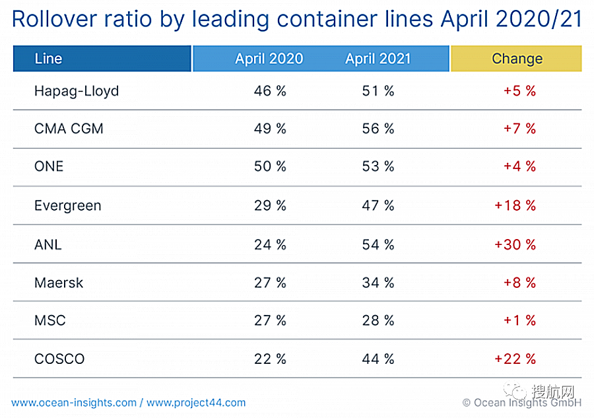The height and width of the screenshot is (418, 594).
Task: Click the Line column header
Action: [x=48, y=59]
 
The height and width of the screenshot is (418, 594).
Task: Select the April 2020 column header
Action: [x=269, y=59]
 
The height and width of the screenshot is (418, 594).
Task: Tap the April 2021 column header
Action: [x=378, y=59]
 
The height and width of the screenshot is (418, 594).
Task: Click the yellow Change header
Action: [x=517, y=59]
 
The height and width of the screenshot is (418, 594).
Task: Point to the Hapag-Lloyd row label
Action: [x=77, y=91]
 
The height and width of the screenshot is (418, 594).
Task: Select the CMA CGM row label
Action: [x=69, y=129]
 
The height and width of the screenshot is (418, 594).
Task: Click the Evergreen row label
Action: [x=68, y=206]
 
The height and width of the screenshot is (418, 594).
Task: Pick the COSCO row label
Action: [x=59, y=359]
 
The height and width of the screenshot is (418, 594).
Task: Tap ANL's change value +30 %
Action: [x=515, y=244]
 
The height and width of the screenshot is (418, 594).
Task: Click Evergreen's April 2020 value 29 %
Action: [x=270, y=206]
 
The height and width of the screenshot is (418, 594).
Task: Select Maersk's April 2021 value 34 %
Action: [x=378, y=283]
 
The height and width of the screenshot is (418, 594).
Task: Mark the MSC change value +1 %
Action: [x=519, y=321]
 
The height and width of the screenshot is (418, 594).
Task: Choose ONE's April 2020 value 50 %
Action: [x=270, y=167]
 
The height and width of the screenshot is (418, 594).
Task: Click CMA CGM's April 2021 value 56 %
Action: [x=378, y=129]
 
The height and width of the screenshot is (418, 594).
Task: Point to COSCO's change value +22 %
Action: [x=515, y=359]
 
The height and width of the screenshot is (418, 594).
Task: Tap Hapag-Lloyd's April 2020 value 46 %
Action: [x=270, y=91]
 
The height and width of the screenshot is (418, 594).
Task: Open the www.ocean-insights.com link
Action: [x=74, y=402]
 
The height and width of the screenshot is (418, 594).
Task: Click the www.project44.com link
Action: [x=196, y=402]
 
